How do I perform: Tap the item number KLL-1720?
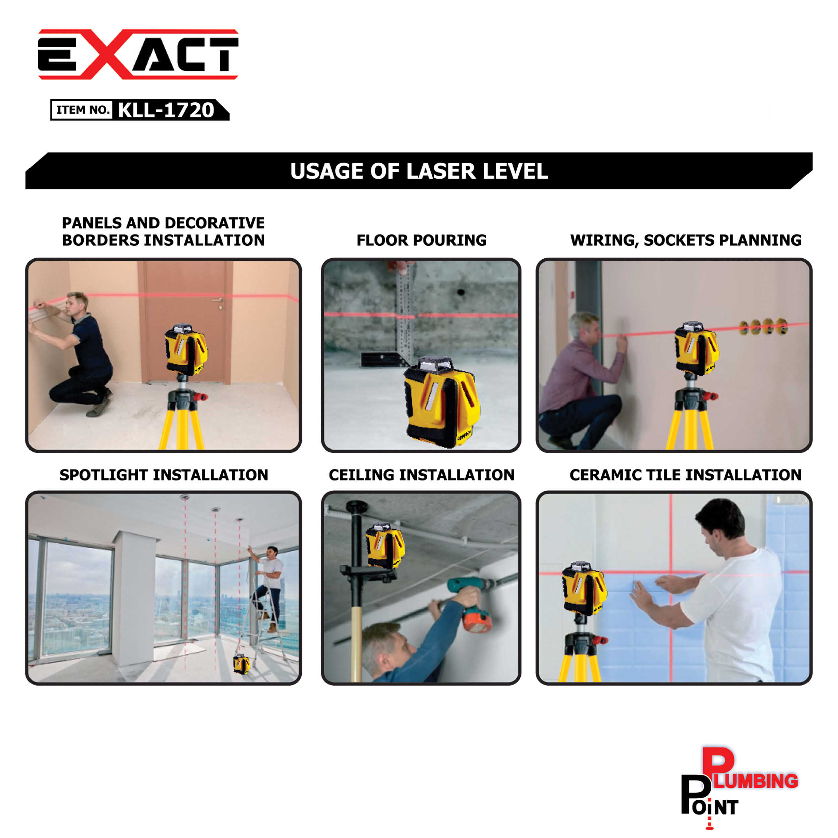(166, 110)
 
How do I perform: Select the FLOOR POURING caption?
(421, 240)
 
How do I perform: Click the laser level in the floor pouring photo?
(441, 401)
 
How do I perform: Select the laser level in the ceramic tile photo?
(584, 588)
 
